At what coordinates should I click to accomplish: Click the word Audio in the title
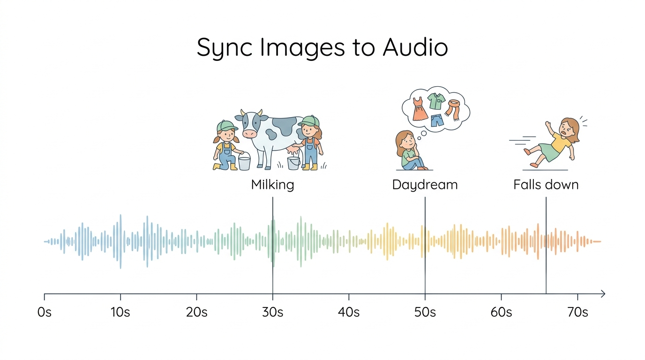415,47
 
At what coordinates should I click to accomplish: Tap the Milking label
272,184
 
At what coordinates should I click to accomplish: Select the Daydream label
425,184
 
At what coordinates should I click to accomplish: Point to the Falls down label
546,184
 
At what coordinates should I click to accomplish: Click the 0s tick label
44,312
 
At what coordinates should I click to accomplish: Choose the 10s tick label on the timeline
120,312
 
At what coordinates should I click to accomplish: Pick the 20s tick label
196,312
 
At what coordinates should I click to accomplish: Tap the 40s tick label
349,312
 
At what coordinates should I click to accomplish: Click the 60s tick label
501,312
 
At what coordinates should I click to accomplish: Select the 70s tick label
577,312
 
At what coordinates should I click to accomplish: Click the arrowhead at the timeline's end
603,294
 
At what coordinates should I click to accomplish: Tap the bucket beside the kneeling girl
244,163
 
